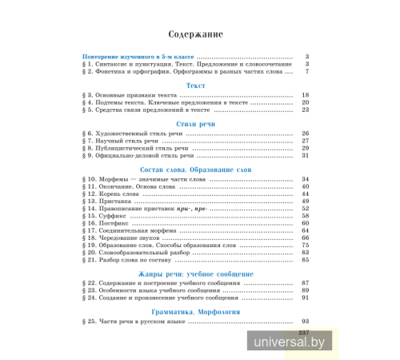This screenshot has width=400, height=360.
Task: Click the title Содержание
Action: click(195, 35)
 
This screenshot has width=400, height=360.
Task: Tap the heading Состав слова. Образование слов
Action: click(195, 171)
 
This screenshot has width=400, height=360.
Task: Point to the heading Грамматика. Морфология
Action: click(195, 311)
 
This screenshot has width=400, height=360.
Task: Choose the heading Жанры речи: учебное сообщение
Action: click(195, 274)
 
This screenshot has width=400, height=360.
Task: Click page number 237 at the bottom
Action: click(303, 332)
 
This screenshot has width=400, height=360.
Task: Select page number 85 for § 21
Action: click(304, 259)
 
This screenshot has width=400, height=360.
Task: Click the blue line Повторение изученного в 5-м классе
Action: click(139, 58)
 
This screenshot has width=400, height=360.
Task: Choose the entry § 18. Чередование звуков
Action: click(128, 238)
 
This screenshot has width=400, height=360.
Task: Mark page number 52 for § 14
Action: click(304, 209)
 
